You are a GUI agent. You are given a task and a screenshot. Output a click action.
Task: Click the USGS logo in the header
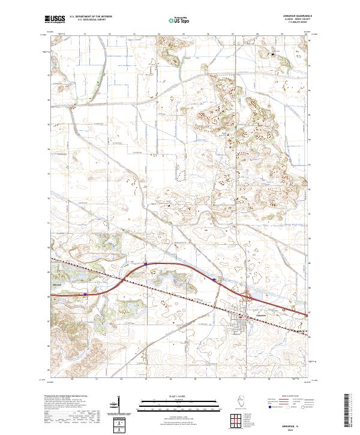coord(55,19)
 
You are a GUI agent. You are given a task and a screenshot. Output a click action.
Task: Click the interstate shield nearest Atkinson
coord(85,294)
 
